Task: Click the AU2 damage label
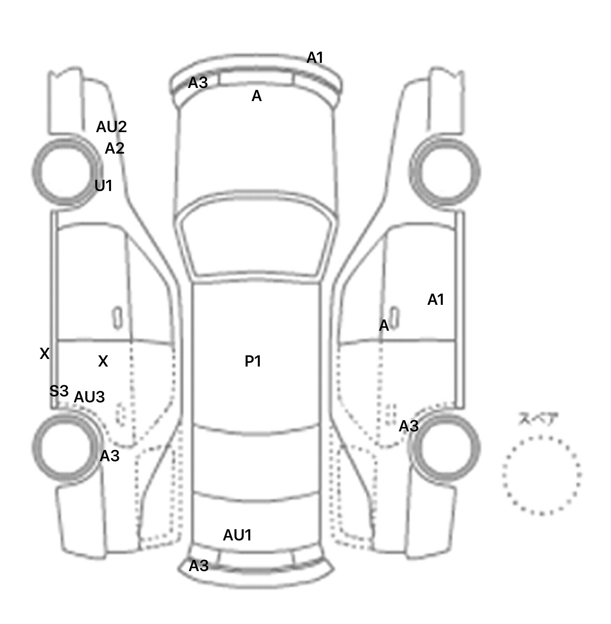[111, 127]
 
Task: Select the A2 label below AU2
[115, 148]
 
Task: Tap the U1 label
[103, 185]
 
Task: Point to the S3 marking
[59, 391]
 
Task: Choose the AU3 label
[90, 397]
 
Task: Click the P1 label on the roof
[253, 361]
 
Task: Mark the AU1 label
[237, 535]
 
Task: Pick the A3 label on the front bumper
[198, 83]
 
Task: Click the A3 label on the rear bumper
[198, 566]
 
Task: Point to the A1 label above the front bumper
[315, 58]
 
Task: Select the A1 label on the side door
[436, 300]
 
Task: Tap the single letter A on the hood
[257, 96]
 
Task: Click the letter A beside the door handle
[384, 326]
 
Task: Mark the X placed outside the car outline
[45, 353]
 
